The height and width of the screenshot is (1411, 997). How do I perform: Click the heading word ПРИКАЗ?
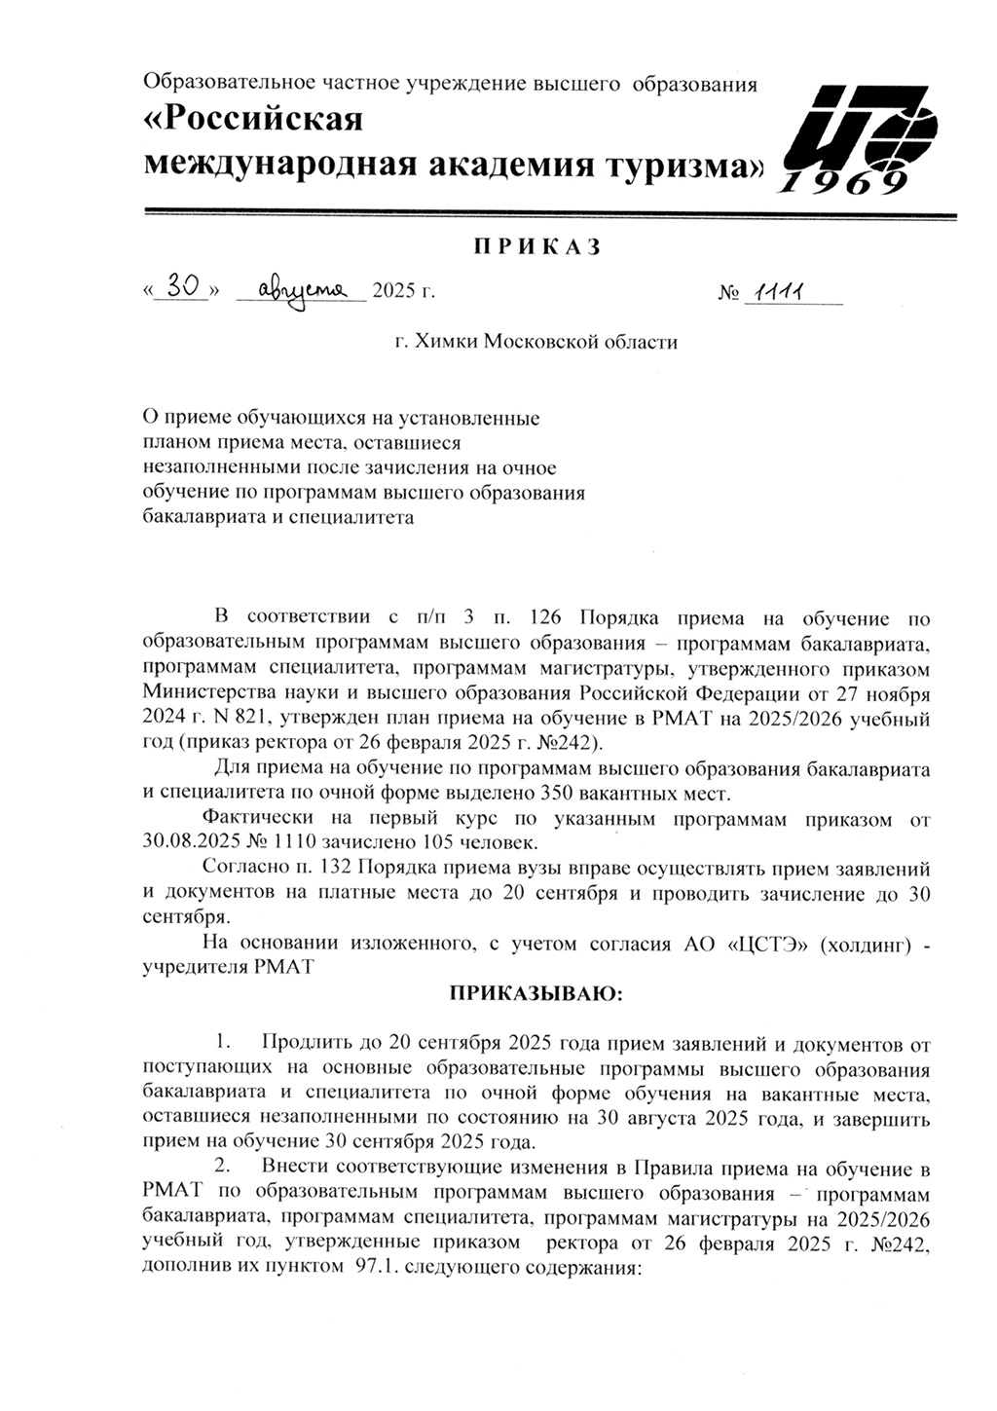536,247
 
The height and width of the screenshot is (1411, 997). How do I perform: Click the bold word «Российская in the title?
253,120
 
